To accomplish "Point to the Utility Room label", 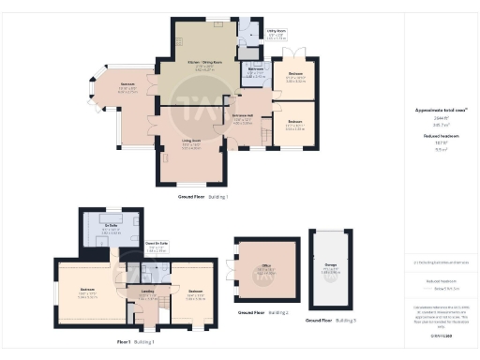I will pyautogui.click(x=249, y=34).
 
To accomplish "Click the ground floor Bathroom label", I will pyautogui.click(x=253, y=70).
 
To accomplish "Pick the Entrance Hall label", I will pyautogui.click(x=245, y=118).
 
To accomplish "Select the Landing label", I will pyautogui.click(x=146, y=291).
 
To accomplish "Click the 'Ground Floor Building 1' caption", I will pyautogui.click(x=202, y=197).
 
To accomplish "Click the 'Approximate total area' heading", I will pyautogui.click(x=433, y=110).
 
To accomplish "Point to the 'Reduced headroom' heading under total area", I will pyautogui.click(x=433, y=135).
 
